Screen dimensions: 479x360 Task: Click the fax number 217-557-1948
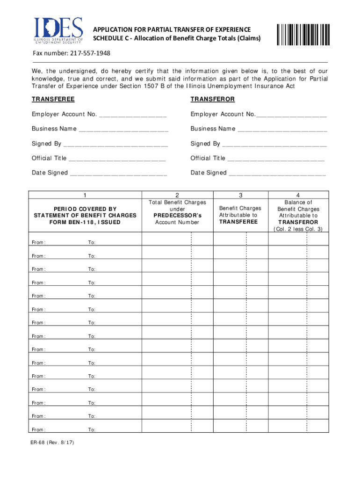click(x=91, y=53)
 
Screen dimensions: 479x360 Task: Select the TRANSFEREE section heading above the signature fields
click(x=53, y=100)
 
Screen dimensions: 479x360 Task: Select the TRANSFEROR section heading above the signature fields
click(x=212, y=100)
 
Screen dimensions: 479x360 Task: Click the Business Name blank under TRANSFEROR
click(x=282, y=129)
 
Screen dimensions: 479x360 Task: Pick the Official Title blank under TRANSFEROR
click(x=276, y=159)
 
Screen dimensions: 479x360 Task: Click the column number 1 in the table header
click(x=85, y=195)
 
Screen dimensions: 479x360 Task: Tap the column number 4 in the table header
click(x=298, y=195)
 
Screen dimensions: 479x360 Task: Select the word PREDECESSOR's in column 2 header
click(x=177, y=215)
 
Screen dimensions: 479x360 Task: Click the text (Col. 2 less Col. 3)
click(x=298, y=229)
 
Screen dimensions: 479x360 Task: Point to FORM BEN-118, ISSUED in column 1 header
click(x=85, y=222)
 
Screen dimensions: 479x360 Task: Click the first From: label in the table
click(x=38, y=243)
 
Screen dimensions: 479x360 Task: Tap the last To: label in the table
click(x=92, y=429)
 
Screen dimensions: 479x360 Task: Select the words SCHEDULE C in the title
click(x=109, y=38)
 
